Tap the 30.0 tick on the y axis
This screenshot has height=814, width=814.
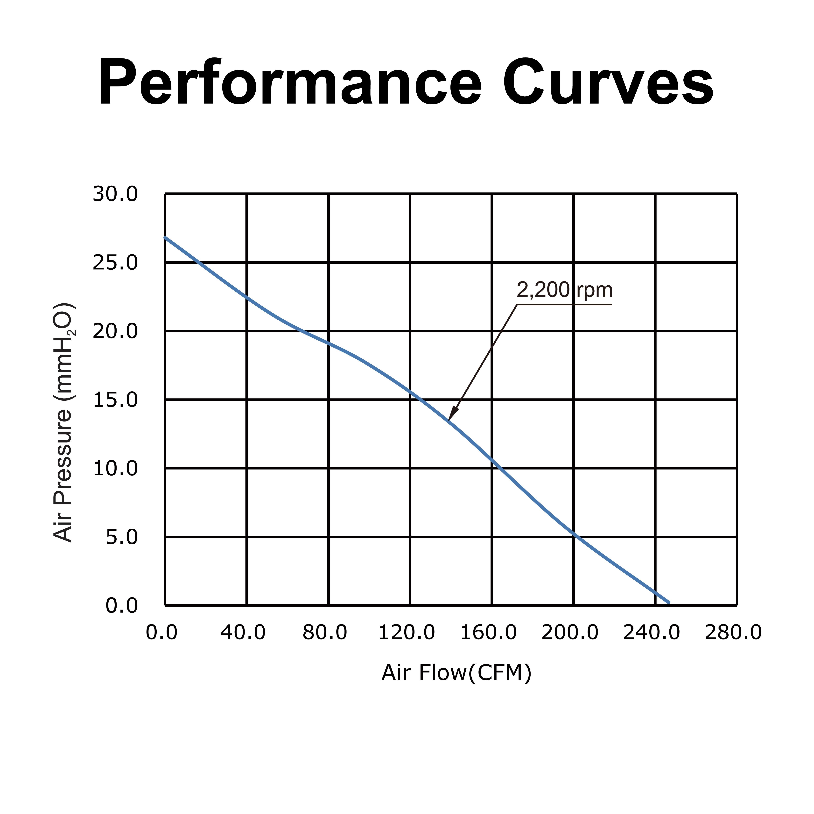(x=115, y=194)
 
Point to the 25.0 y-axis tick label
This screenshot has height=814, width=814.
(x=115, y=263)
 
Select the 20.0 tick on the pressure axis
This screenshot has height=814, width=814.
(x=115, y=332)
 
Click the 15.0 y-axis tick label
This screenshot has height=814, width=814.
(x=115, y=400)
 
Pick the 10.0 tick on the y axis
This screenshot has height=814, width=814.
(x=115, y=469)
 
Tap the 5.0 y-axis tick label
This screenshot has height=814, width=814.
(x=121, y=537)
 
